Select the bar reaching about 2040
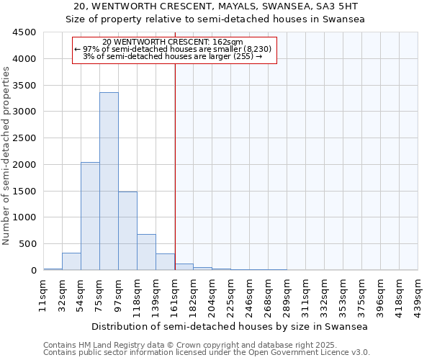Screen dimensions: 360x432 point(90,216)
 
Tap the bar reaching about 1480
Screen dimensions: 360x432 point(127,230)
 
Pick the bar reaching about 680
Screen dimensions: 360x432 point(146,252)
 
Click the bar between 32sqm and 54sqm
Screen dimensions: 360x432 point(71,262)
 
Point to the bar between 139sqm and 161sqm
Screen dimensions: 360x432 point(165,262)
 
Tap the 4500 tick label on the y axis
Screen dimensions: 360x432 point(24,32)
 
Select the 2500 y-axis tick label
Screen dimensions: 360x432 point(24,138)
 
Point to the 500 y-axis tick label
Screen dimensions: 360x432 point(27,244)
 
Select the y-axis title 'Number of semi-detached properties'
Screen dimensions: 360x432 point(6,156)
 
